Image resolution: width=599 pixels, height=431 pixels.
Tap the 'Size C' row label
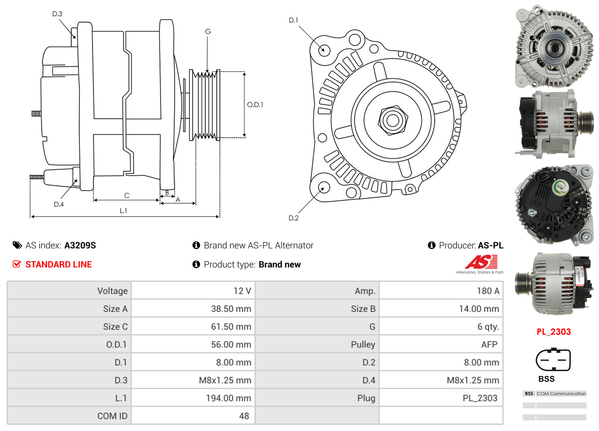pos(115,327)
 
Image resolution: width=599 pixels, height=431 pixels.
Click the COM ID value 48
pos(244,416)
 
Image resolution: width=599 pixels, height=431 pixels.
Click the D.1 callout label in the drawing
pos(294,20)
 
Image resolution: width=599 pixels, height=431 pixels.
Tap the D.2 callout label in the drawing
pos(294,218)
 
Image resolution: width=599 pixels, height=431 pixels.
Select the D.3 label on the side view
pos(57,14)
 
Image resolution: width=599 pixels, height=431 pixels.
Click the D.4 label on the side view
pos(59,204)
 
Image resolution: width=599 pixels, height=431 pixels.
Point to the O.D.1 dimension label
pos(255,105)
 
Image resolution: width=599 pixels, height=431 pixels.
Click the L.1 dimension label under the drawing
pos(123,211)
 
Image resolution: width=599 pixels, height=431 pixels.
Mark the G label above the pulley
pos(208,32)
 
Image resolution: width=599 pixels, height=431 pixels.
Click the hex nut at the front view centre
pos(391,119)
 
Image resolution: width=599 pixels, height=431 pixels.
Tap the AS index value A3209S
pos(80,245)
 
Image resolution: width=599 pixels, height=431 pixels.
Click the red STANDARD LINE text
pos(59,265)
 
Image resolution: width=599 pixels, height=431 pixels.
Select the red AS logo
pos(481,262)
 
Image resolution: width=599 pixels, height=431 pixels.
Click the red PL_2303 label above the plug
pos(553,332)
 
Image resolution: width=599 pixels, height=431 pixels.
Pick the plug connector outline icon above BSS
pos(553,360)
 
